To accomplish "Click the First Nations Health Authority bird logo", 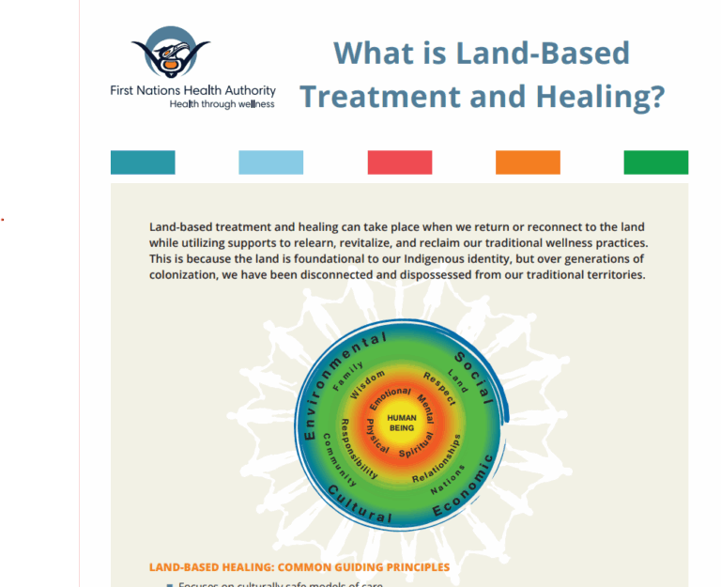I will [170, 54].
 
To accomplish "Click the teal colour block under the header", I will [143, 162].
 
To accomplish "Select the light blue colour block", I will [270, 162].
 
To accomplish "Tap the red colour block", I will [399, 162].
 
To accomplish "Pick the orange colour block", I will [528, 162].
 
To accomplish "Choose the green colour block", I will [655, 162].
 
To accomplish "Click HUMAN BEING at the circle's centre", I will [401, 423].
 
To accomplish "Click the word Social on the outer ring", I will [475, 377].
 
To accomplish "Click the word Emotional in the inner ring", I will [389, 396].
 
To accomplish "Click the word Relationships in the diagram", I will [438, 459].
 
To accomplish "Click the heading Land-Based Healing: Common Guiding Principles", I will [299, 567].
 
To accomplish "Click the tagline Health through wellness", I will [222, 104].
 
